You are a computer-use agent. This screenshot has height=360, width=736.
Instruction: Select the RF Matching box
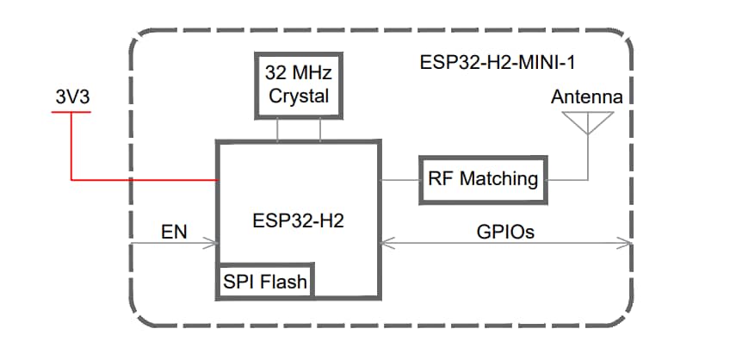[483, 179]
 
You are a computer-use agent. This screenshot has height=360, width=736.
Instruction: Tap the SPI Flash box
[264, 281]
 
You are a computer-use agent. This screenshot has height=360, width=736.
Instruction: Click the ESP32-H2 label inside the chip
[299, 220]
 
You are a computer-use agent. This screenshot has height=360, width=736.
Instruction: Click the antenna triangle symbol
[587, 122]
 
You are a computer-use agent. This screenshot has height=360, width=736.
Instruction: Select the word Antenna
[586, 96]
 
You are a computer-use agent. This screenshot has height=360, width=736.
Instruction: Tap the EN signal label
[175, 232]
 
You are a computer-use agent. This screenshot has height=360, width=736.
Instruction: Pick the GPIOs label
[504, 232]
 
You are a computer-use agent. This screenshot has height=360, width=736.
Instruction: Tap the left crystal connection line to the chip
[277, 130]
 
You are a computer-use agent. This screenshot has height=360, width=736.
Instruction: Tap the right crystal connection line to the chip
[320, 130]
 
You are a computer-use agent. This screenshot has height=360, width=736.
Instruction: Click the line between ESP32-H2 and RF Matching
[399, 179]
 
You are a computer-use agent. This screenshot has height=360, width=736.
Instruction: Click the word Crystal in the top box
[299, 96]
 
